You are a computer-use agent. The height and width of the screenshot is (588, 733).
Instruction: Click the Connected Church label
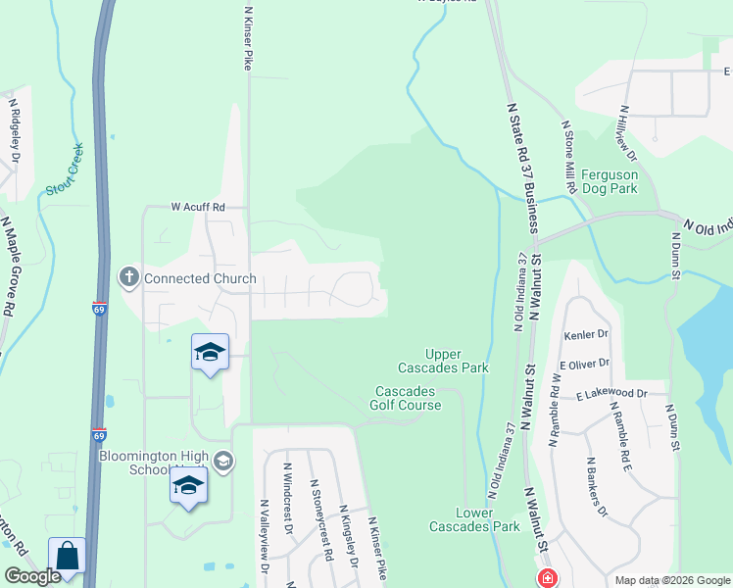[200, 278]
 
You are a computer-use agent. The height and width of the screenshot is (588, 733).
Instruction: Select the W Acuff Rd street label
[198, 207]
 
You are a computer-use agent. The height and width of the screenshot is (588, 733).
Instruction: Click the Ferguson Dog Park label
[610, 181]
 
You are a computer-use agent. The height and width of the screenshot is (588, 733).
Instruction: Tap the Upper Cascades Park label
[443, 361]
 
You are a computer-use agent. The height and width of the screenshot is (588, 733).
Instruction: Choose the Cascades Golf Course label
[408, 398]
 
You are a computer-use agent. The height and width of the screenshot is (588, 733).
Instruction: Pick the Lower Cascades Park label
[474, 519]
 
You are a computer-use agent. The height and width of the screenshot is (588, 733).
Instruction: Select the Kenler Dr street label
[587, 334]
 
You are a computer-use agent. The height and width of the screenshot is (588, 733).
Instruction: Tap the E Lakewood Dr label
[612, 393]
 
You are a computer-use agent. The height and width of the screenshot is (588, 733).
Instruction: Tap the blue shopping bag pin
[67, 558]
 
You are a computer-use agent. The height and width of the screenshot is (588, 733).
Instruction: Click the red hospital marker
[546, 578]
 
